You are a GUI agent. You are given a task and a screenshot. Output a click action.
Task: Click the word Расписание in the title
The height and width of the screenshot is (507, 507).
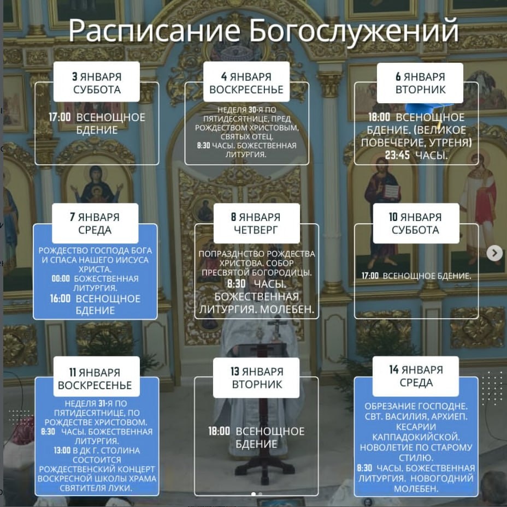pos(155,31)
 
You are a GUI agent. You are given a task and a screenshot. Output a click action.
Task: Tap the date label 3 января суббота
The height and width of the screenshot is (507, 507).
pos(97,83)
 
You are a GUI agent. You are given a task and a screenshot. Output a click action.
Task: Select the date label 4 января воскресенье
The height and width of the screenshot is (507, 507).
pos(246,83)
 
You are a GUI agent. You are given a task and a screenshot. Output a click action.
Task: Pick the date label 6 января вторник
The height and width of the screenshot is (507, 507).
pos(420,83)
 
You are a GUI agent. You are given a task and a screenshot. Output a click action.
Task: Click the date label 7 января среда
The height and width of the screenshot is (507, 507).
pos(95,223)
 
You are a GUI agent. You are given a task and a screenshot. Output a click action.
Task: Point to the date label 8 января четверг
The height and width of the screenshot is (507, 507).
pos(256,223)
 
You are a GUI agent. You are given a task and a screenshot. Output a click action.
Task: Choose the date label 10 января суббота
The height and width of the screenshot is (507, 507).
pos(415,223)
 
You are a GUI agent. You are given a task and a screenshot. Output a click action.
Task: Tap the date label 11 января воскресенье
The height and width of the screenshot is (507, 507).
pos(95,379)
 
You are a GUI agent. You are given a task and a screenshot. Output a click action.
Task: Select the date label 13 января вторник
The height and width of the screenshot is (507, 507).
pos(257,378)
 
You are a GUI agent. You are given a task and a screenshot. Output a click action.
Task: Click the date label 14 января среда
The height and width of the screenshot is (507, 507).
pos(416,376)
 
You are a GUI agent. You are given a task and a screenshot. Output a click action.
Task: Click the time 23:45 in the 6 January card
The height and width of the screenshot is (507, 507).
pos(385,156)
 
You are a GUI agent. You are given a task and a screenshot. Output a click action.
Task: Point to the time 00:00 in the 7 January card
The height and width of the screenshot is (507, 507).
pos(60,278)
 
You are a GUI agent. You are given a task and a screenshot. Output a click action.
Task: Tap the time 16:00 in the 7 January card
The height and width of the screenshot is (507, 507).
pos(60,299)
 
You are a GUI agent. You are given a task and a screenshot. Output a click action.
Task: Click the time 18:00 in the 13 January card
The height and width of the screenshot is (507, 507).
pos(219,431)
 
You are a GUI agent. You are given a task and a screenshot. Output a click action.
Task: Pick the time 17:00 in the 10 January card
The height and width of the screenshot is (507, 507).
pos(370,276)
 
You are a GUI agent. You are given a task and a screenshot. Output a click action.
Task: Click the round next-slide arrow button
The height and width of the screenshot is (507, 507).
pos(494,253)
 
